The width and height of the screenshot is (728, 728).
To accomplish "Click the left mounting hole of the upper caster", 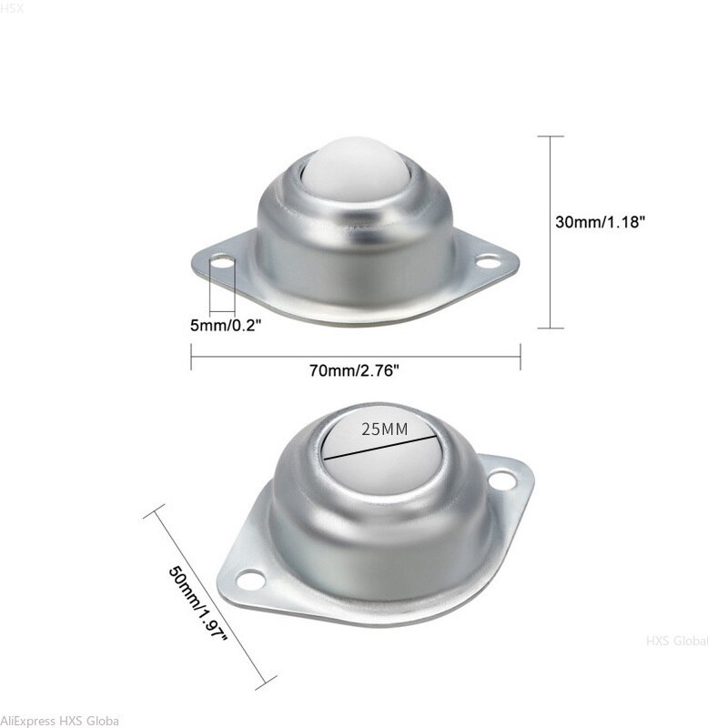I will click(x=221, y=263).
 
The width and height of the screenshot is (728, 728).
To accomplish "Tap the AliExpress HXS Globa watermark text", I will click(x=59, y=720).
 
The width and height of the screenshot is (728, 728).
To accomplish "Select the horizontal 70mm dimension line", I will click(x=355, y=357).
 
